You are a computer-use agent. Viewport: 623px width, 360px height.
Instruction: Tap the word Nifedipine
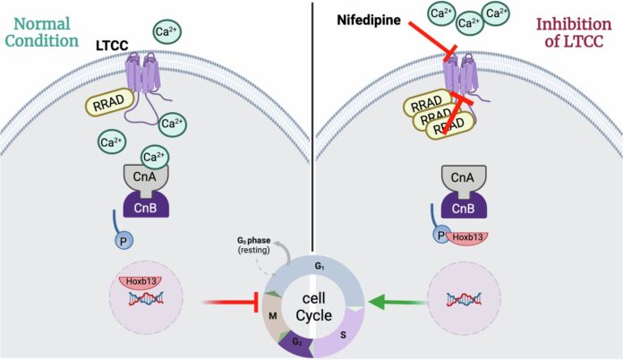368,19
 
